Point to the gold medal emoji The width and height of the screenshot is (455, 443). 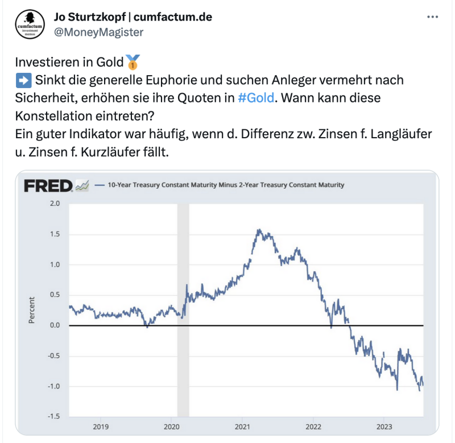131,61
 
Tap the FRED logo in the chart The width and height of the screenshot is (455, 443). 48,185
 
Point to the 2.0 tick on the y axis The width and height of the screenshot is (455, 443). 55,203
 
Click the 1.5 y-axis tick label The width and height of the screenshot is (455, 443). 55,234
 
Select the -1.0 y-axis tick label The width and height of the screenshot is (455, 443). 53,387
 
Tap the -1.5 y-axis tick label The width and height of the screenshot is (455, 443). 53,417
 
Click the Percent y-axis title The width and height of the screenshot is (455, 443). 32,310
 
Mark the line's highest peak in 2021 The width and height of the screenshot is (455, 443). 259,230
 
